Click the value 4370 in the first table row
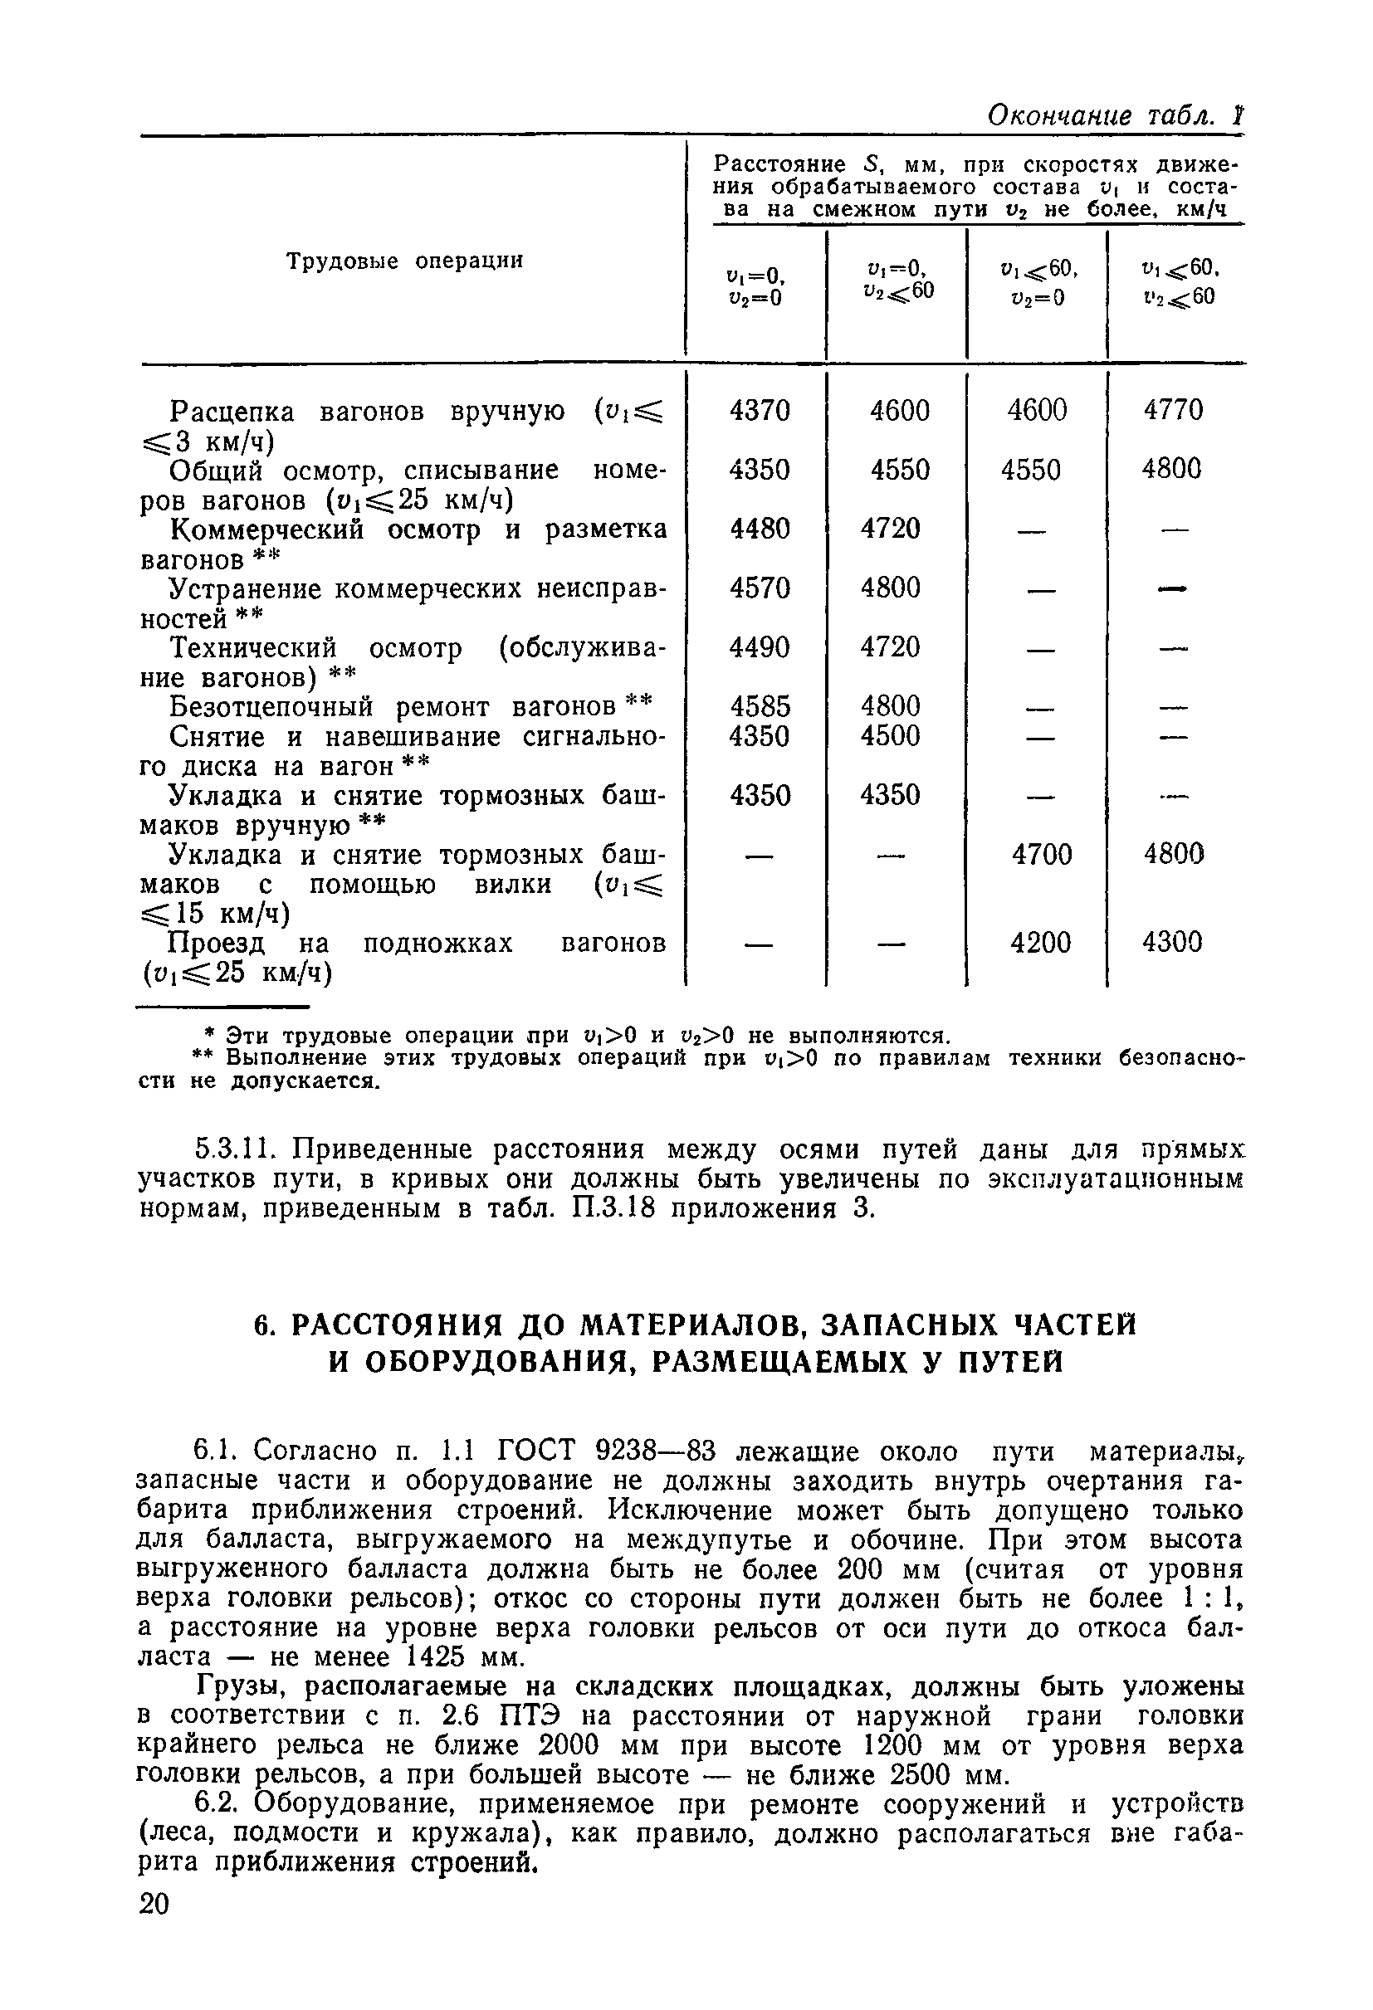759,410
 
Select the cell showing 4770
1172,409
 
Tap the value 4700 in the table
1041,855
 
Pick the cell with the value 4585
759,706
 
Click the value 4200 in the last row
1040,942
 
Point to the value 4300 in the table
1171,942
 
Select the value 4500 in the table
889,736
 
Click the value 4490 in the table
759,647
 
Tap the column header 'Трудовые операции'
405,261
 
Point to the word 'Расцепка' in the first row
231,412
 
